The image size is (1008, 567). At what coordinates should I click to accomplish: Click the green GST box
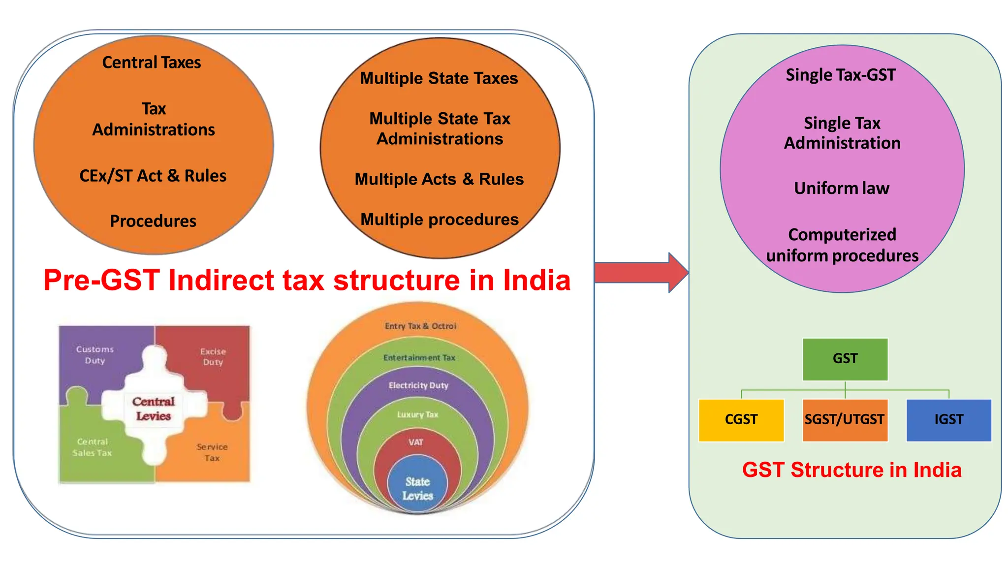(x=845, y=359)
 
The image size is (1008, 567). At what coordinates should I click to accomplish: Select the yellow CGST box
(x=741, y=420)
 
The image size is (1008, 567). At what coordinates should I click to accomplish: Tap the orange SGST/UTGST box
(x=845, y=420)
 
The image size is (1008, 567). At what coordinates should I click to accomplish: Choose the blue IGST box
(x=948, y=420)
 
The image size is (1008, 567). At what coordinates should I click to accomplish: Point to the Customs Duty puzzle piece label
(x=95, y=354)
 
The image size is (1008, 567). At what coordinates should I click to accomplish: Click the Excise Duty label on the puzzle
(x=213, y=356)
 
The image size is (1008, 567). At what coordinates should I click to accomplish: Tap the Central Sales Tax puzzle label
(x=92, y=447)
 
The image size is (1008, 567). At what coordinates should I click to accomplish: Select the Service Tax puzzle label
(x=212, y=452)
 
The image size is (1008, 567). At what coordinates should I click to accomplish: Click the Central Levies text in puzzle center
(x=153, y=409)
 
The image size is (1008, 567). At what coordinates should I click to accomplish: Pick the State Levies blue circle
(x=417, y=488)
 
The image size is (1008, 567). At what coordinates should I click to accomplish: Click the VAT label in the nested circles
(x=416, y=442)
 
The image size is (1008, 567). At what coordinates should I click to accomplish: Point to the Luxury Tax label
(x=417, y=414)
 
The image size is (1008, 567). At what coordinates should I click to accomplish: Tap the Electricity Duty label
(x=418, y=385)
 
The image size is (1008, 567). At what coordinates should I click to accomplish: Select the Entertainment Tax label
(x=419, y=357)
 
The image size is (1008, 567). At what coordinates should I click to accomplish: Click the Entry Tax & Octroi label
(x=420, y=326)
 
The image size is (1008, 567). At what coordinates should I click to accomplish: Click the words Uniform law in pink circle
(x=842, y=188)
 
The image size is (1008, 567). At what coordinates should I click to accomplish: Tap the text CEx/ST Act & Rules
(x=153, y=176)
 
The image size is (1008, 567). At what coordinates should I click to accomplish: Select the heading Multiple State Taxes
(x=439, y=78)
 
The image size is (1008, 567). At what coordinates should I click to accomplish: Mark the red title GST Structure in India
(x=851, y=470)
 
